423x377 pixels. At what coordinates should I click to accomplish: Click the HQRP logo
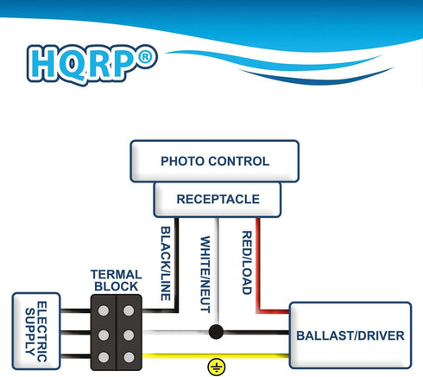coord(92,65)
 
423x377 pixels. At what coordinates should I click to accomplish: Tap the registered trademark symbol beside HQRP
coord(146,57)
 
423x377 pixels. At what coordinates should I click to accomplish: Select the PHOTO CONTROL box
coord(215,161)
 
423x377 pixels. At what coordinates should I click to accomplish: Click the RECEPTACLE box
coord(218,199)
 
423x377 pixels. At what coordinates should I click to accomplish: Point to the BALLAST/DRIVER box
coord(350,335)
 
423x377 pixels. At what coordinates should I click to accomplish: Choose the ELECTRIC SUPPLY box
coord(36,331)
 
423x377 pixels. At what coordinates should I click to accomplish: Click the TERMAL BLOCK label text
coord(117,280)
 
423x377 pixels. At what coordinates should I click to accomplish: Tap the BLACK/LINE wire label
coord(166,264)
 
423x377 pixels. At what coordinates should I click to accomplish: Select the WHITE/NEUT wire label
coord(205,274)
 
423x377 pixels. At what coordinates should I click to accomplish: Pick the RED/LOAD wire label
coord(247,263)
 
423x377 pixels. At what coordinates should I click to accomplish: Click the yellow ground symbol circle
coord(217,367)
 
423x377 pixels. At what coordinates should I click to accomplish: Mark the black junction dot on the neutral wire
coord(216,332)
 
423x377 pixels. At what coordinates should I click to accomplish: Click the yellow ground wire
coord(216,356)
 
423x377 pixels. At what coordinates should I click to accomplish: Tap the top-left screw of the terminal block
coord(104,310)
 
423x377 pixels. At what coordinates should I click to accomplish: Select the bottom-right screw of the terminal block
coord(129,357)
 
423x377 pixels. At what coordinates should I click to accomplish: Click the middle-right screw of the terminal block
coord(129,335)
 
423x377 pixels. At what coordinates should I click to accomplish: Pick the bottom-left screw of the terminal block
coord(104,357)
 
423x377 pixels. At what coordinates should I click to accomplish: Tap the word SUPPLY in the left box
coord(30,331)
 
